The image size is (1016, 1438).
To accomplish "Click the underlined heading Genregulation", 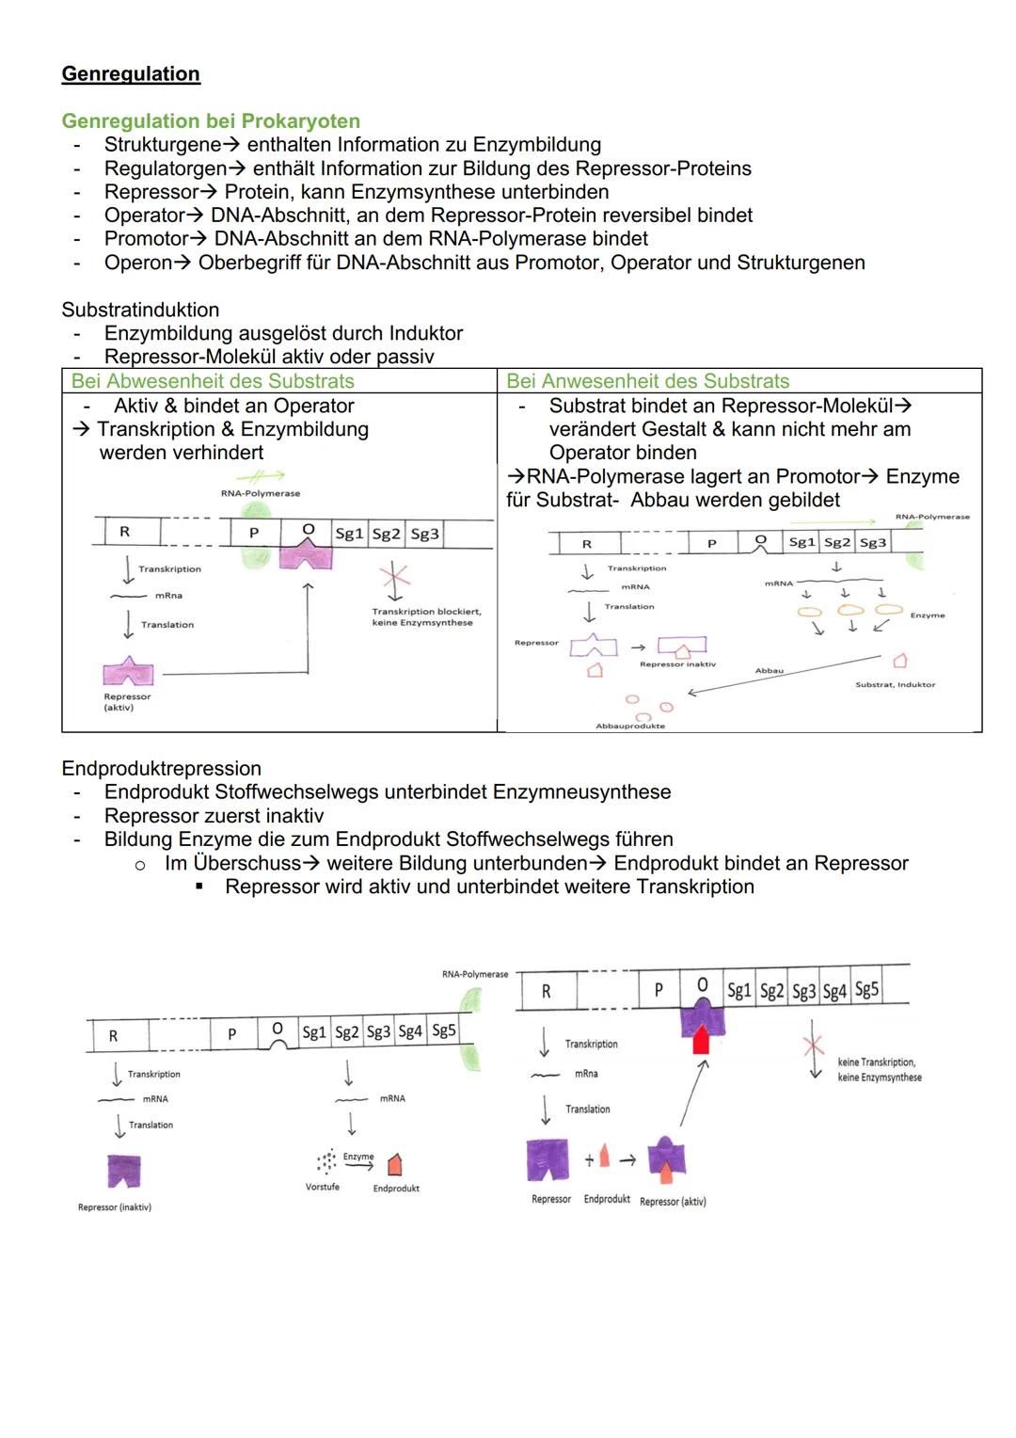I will (130, 74).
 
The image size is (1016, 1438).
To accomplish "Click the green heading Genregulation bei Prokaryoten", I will (211, 121).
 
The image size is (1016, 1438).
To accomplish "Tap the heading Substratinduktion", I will (140, 310).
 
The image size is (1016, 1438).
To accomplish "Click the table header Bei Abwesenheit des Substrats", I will (213, 381).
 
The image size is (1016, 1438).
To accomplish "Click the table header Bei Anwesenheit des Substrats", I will (647, 381).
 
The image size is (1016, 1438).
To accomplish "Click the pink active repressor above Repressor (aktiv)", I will (128, 671).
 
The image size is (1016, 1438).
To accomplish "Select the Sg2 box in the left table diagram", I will (386, 534).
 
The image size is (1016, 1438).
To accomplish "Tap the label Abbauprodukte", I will (630, 726).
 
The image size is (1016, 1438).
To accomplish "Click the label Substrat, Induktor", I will (895, 684).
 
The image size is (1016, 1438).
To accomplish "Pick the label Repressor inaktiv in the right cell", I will (677, 664).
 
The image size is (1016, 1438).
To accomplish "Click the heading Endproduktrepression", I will (161, 769).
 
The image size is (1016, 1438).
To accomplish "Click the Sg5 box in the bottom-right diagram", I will (866, 989).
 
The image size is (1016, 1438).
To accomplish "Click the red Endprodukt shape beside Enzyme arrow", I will (395, 1163).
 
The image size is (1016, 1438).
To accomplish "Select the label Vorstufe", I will (323, 1187).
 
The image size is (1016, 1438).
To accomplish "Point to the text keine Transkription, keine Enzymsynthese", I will (879, 1069).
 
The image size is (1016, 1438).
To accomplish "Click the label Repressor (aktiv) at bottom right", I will (672, 1202).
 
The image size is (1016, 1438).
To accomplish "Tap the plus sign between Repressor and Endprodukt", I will (589, 1160).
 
